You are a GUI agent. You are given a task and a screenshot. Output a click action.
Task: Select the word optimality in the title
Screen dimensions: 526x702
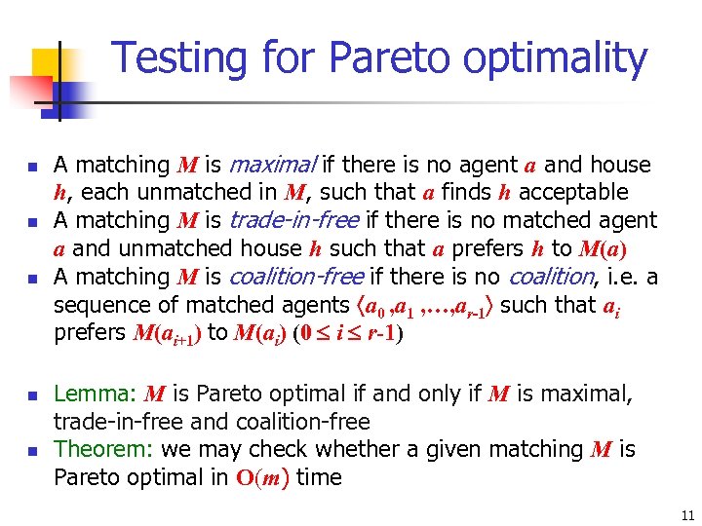coord(555,58)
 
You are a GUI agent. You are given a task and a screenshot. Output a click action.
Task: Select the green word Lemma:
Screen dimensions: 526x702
coord(95,394)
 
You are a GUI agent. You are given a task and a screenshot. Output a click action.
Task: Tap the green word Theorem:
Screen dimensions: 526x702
coord(103,449)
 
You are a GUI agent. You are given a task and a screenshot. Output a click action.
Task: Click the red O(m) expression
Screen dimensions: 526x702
coord(260,478)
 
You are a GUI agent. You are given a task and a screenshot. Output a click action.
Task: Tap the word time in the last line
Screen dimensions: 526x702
coord(319,477)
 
